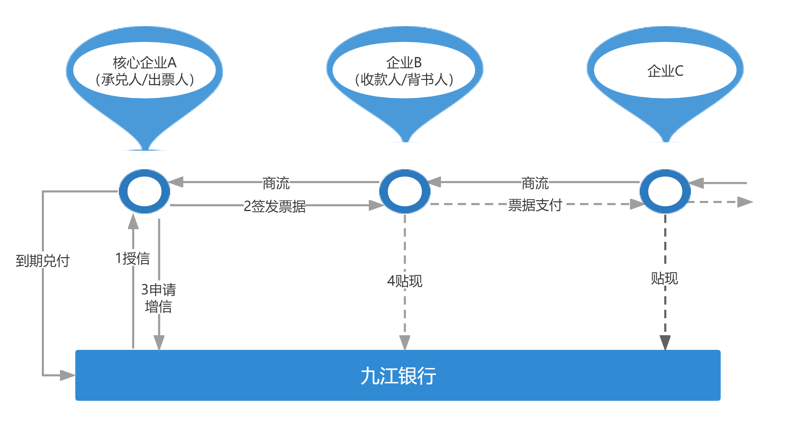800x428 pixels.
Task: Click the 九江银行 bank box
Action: (398, 375)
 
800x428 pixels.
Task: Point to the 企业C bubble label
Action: (665, 71)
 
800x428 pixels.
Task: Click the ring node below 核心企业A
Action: (144, 192)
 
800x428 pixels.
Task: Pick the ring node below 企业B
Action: (405, 192)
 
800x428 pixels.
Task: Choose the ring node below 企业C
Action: (665, 192)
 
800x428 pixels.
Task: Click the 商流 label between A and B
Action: (276, 182)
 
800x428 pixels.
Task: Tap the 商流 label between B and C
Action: (535, 182)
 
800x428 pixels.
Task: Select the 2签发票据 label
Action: (275, 205)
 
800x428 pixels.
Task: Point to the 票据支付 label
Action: (535, 204)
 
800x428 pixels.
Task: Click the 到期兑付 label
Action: (43, 260)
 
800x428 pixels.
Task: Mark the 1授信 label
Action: (132, 258)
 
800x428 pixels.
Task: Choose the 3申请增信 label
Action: (158, 298)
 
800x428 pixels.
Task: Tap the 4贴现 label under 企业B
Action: (405, 280)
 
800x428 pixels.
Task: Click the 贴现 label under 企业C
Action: (665, 278)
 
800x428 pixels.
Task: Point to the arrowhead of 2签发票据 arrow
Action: (376, 205)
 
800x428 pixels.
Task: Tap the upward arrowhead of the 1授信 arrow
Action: (133, 221)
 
